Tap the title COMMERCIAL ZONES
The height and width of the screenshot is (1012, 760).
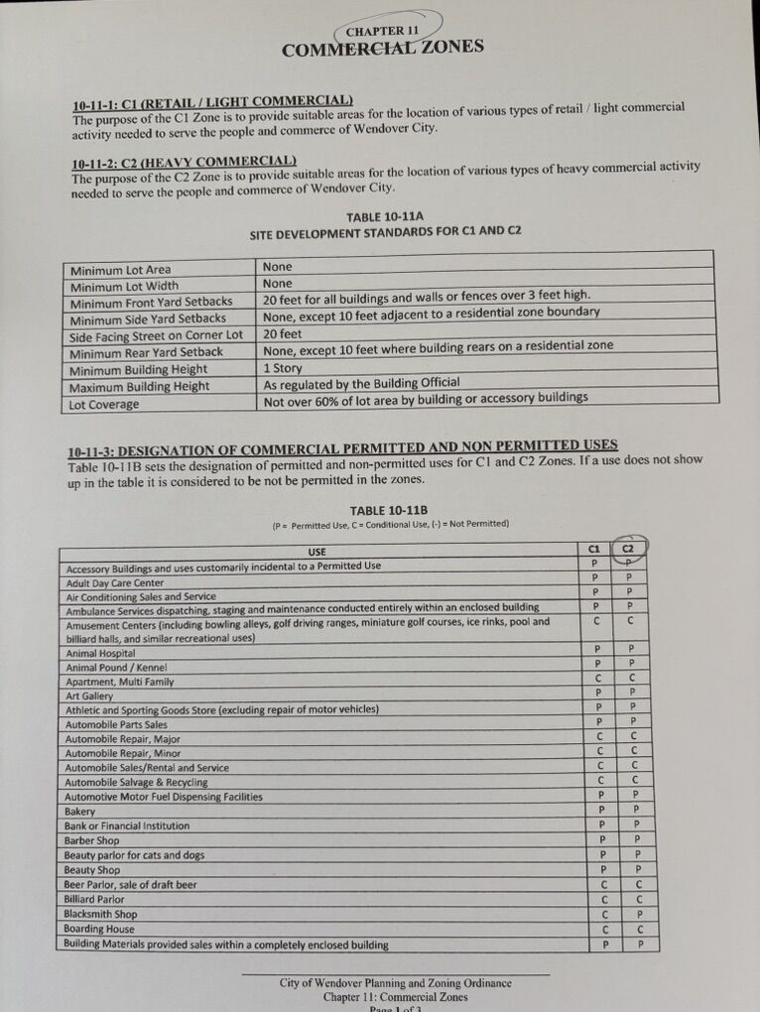tap(383, 49)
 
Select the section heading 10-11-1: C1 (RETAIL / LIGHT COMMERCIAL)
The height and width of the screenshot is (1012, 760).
tap(212, 102)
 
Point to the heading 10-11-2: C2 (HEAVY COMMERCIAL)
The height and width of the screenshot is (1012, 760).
tap(185, 162)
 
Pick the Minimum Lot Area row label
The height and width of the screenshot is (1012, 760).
tap(120, 270)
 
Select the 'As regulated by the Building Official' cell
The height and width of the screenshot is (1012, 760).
tap(361, 384)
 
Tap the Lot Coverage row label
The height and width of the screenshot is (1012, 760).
tap(104, 405)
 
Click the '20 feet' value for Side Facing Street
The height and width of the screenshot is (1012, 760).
tap(282, 334)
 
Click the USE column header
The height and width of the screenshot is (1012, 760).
tap(317, 552)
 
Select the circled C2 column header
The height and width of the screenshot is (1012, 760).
tap(629, 548)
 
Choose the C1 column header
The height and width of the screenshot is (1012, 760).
tap(593, 548)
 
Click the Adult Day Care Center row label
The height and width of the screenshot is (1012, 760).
tap(114, 582)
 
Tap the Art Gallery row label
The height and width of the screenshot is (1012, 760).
tap(89, 696)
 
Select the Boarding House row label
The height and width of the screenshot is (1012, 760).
tap(99, 930)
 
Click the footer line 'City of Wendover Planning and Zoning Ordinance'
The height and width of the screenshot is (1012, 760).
tap(395, 983)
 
